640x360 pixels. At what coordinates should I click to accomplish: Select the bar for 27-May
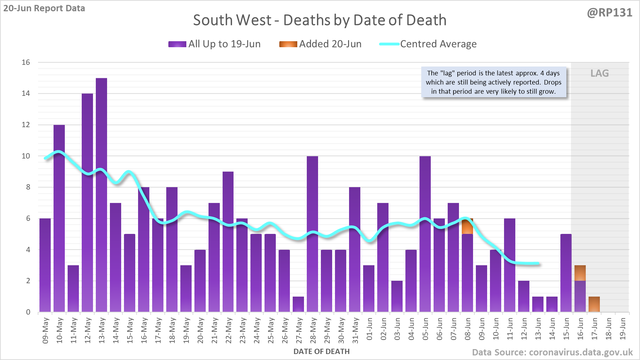[298, 304]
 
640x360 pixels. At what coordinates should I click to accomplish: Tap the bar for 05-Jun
[425, 234]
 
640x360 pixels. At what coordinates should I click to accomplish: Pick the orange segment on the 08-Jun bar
[467, 226]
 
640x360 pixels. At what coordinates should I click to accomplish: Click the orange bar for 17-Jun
[594, 304]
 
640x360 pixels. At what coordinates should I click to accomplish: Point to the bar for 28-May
[312, 234]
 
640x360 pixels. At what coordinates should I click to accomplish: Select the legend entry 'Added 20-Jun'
[320, 44]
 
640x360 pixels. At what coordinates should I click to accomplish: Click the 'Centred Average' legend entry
[428, 44]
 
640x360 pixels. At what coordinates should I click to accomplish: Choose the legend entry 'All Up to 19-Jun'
[215, 44]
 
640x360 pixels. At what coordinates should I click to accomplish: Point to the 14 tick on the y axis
[26, 94]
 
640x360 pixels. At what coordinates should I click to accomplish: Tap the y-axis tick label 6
[28, 218]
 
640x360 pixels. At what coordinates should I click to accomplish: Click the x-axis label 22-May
[229, 330]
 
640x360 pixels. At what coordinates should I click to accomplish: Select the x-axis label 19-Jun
[623, 329]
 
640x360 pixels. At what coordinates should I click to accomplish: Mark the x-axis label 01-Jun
[369, 329]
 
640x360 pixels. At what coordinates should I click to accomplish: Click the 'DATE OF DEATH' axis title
[321, 352]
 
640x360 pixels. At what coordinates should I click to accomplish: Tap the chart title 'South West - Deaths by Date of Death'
[319, 20]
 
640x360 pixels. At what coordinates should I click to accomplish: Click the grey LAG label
[599, 73]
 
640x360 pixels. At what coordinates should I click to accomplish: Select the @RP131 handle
[609, 13]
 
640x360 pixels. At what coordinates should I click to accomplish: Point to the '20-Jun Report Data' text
[44, 8]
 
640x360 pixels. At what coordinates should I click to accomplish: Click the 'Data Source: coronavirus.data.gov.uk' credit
[552, 352]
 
